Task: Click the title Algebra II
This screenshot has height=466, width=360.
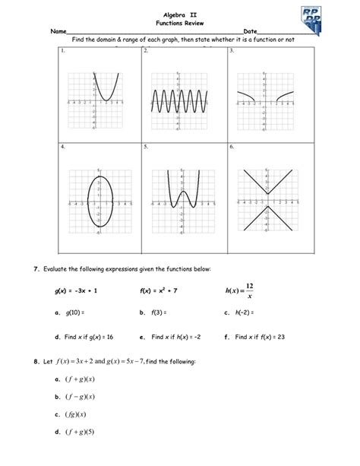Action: pos(180,14)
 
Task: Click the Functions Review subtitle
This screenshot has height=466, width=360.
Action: pos(180,24)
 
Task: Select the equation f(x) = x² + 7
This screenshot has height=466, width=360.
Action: pos(158,291)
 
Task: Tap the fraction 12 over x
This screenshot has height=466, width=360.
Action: pos(249,290)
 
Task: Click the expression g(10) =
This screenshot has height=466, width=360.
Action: pos(74,313)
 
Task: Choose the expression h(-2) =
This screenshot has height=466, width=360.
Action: pos(242,313)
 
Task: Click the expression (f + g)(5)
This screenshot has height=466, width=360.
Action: pos(82,434)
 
